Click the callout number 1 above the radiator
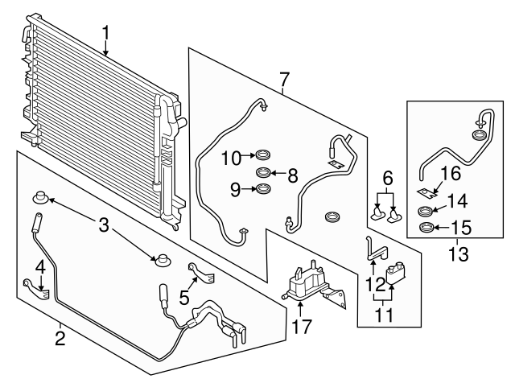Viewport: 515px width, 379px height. point(105,33)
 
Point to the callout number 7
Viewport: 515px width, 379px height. point(284,80)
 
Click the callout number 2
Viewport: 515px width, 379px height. point(60,338)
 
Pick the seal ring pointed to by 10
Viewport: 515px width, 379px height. point(263,154)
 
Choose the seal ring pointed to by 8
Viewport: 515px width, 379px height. point(263,172)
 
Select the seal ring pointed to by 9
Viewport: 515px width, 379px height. point(263,188)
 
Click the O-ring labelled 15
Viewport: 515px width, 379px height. point(426,227)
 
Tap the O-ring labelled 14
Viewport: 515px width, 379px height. point(426,211)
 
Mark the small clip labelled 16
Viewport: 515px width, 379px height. point(427,192)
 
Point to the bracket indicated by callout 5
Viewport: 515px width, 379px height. point(202,274)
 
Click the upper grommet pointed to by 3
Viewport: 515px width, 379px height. point(41,197)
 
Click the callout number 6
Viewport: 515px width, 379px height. point(388,179)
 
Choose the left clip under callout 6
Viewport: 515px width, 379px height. point(377,213)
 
